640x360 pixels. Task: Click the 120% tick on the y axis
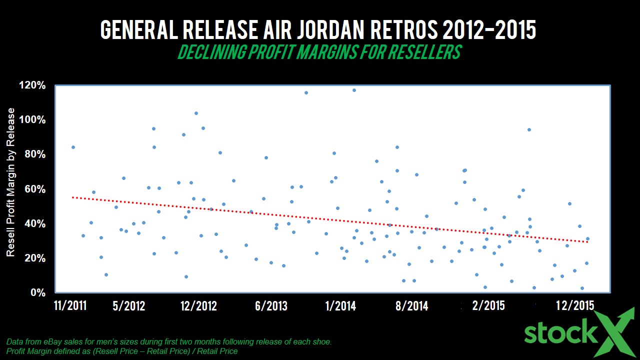pyautogui.click(x=32, y=85)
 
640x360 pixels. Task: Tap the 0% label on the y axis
pyautogui.click(x=38, y=292)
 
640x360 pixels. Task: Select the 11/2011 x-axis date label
pyautogui.click(x=69, y=305)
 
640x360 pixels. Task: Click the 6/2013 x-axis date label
pyautogui.click(x=271, y=305)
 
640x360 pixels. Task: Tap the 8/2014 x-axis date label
pyautogui.click(x=411, y=305)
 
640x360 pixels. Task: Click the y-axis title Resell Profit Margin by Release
pyautogui.click(x=11, y=182)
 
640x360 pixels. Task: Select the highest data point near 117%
pyautogui.click(x=354, y=90)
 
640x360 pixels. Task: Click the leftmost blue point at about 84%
pyautogui.click(x=73, y=147)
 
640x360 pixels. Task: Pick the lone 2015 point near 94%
pyautogui.click(x=529, y=129)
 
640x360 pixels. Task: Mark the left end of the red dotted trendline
pyautogui.click(x=73, y=197)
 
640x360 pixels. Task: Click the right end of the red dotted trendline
pyautogui.click(x=587, y=242)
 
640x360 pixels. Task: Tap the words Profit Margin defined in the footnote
pyautogui.click(x=37, y=351)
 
